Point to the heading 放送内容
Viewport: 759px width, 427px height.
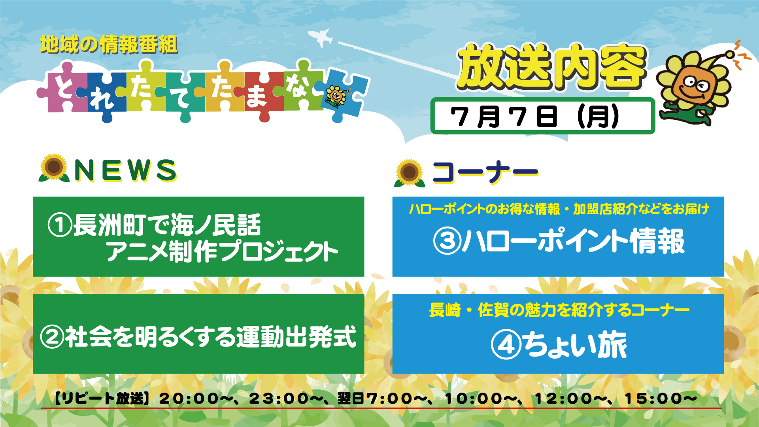tap(552, 66)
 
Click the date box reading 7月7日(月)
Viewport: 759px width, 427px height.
tap(542, 116)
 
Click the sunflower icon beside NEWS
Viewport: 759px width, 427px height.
tap(54, 168)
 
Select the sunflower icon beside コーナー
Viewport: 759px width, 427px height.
tap(410, 173)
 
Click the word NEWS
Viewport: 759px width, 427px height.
tap(125, 170)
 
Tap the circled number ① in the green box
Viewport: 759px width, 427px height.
tap(60, 225)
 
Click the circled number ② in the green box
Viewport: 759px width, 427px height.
tap(52, 337)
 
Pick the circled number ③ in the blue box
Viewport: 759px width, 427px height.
tap(447, 241)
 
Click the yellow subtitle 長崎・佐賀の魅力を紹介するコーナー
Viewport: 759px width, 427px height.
tap(559, 310)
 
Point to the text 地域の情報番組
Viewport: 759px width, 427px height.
tap(109, 44)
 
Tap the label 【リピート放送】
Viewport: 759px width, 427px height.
tap(102, 398)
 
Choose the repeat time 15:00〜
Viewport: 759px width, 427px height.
tap(660, 398)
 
